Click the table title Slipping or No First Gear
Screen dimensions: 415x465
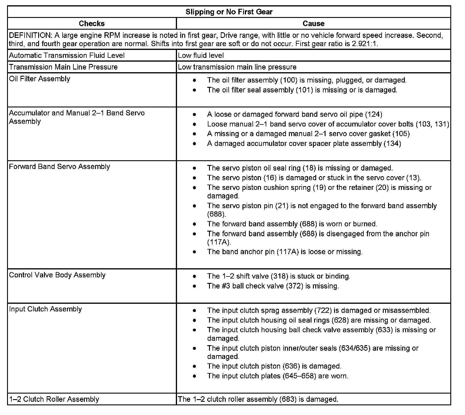click(x=229, y=12)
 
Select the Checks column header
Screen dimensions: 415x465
click(x=92, y=23)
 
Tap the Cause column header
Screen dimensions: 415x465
click(x=314, y=23)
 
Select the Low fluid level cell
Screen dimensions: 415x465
click(x=201, y=55)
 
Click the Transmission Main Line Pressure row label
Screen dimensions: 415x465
click(x=63, y=67)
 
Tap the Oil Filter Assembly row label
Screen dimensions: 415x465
click(x=40, y=79)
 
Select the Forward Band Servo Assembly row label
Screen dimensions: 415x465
click(x=60, y=167)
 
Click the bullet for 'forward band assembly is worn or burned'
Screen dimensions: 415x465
click(x=194, y=224)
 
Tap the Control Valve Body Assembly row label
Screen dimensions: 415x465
click(x=57, y=275)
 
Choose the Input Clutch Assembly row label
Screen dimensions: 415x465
click(x=46, y=309)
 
